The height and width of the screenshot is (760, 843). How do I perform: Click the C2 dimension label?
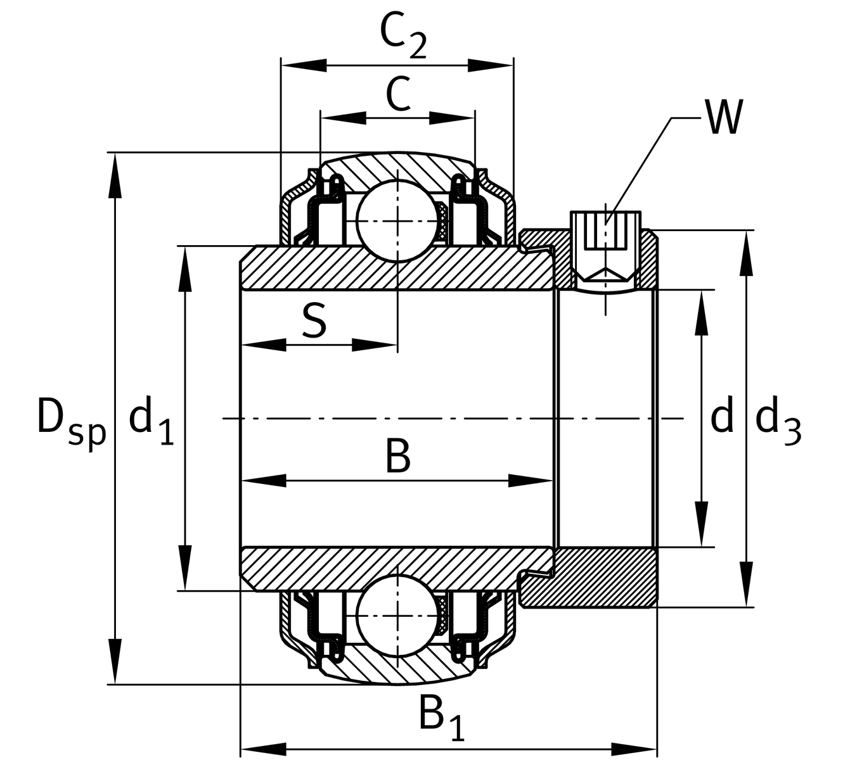point(403,37)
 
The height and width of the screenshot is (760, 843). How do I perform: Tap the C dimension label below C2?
point(397,95)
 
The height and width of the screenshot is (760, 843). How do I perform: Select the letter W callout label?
point(723,118)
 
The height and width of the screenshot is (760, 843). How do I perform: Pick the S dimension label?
point(314,321)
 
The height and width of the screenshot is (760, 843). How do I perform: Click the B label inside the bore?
point(398,457)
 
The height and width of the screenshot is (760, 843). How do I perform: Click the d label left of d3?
point(721,418)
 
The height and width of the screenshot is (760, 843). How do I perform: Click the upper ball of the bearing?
point(397,219)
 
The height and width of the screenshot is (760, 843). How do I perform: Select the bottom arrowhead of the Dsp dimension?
point(115,662)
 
